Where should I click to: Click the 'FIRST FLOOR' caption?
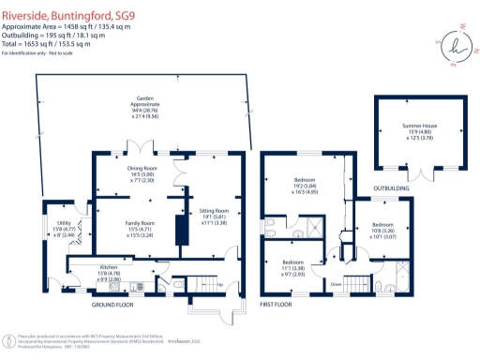277,305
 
